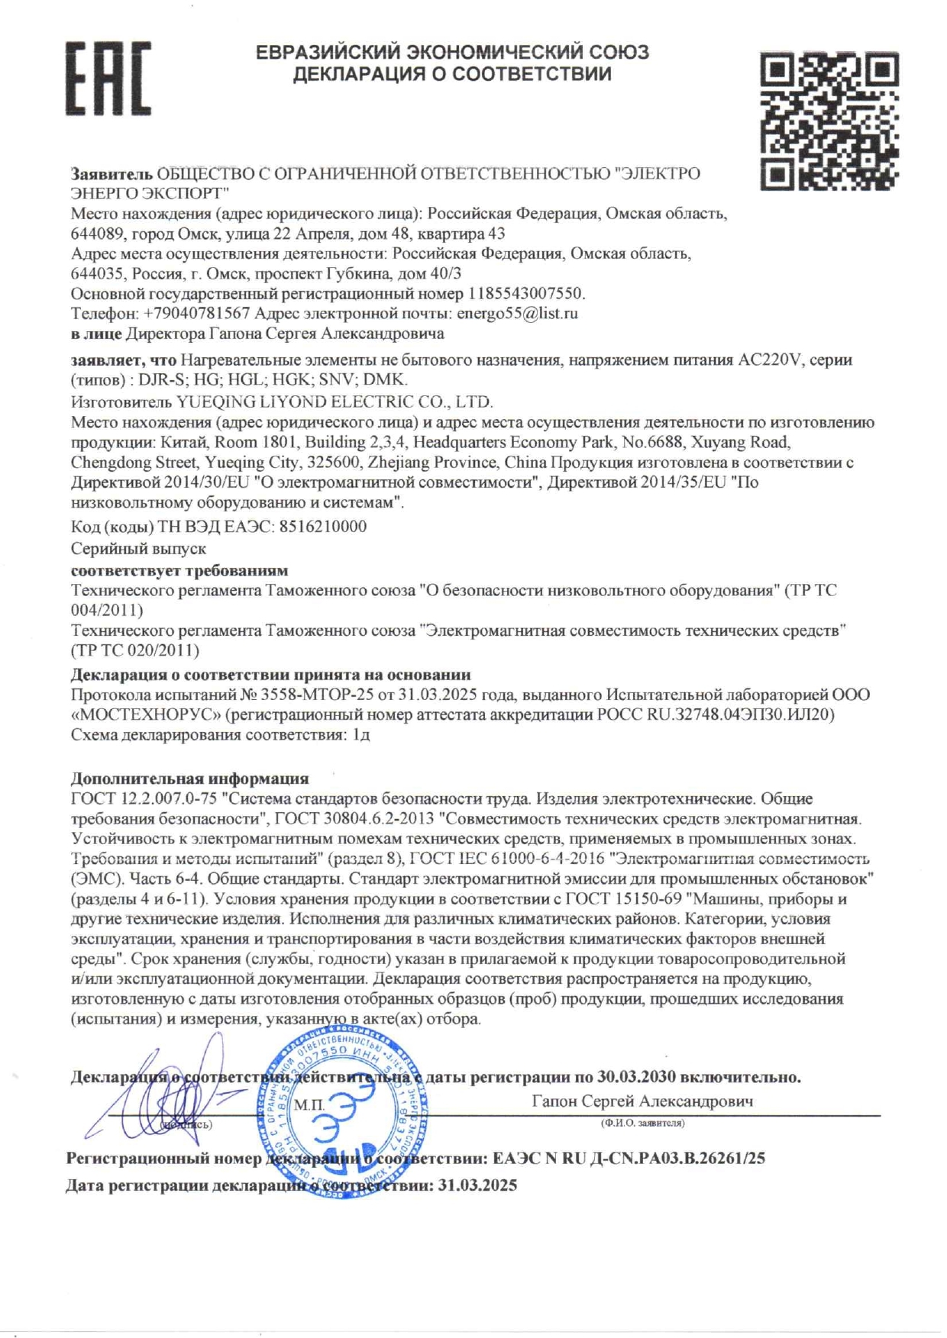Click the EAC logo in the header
pos(108,78)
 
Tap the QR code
pos(829,120)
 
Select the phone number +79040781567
pos(197,314)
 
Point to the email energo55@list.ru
pos(516,314)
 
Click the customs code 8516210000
pos(322,527)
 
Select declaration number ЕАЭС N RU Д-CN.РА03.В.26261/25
pos(629,1159)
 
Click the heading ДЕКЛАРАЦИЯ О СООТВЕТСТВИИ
pos(452,74)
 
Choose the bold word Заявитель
pos(112,174)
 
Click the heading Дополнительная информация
pos(190,779)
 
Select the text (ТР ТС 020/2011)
pos(135,650)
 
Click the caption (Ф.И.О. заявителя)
pos(642,1123)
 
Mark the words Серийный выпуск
pos(138,549)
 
